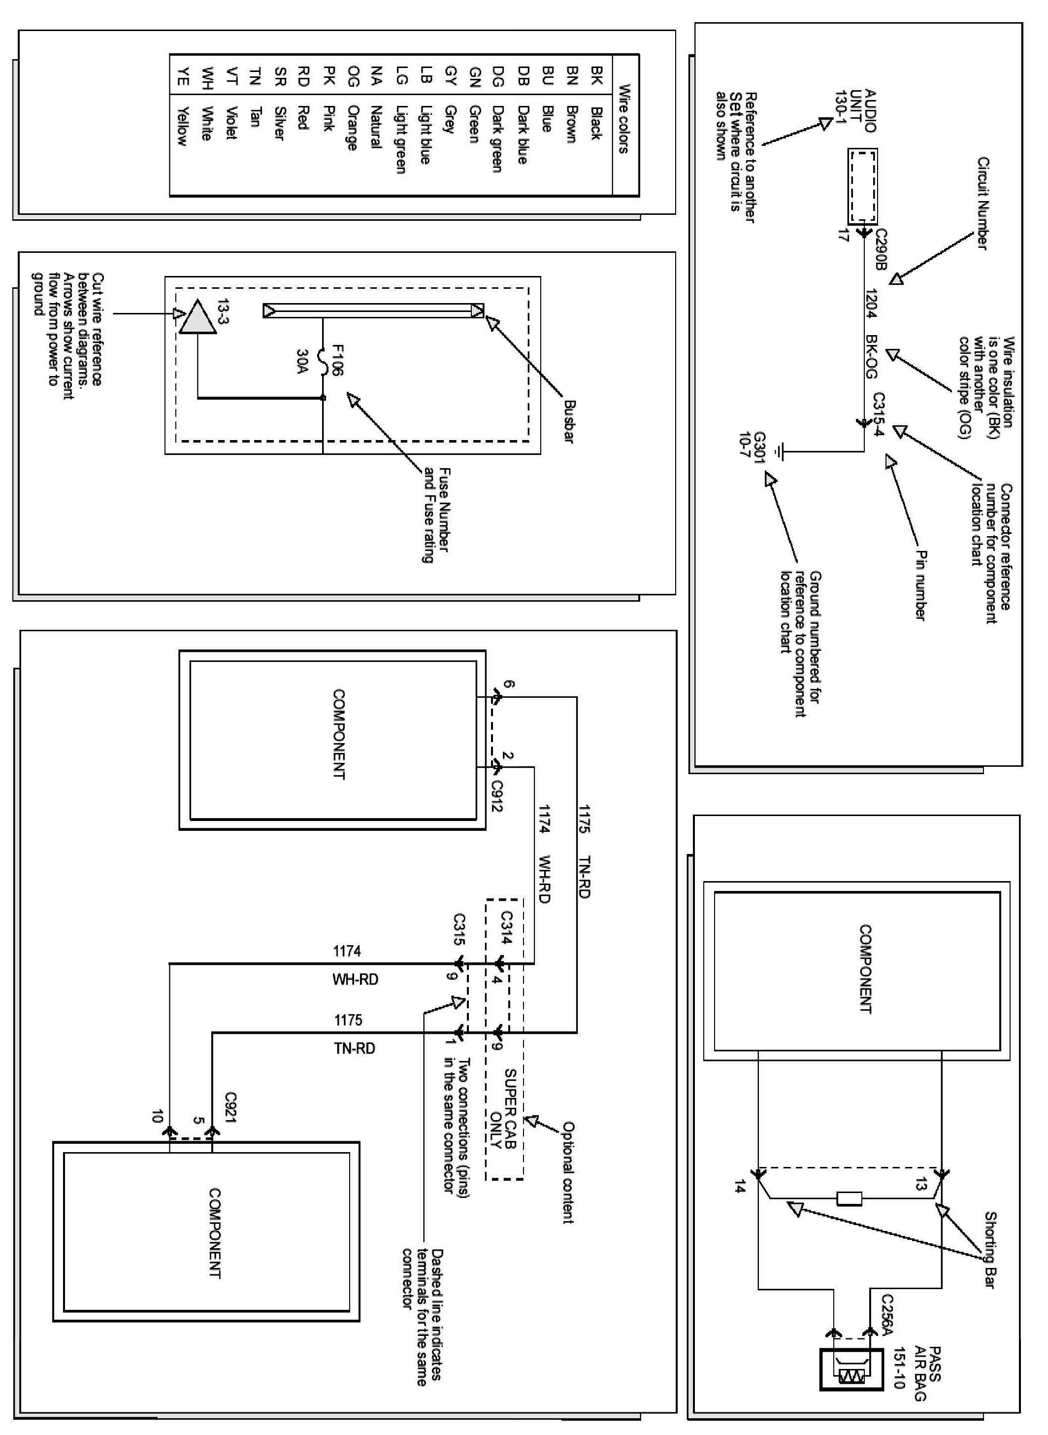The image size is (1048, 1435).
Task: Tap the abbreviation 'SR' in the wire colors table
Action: [x=280, y=76]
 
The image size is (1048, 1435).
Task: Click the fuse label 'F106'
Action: [x=337, y=360]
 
